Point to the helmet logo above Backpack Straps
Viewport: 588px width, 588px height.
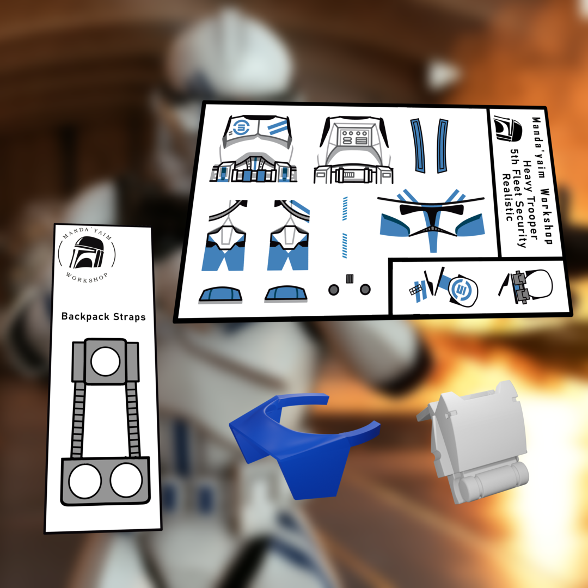coord(87,253)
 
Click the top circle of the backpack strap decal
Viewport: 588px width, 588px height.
coord(106,362)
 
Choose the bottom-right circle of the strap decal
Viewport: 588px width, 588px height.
coord(126,480)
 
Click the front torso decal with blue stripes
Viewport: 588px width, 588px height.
coord(254,149)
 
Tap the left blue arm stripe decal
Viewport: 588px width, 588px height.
coord(418,146)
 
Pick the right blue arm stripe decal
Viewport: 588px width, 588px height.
coord(442,146)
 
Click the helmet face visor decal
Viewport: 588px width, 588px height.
coord(431,219)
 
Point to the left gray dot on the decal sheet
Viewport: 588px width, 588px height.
coord(333,290)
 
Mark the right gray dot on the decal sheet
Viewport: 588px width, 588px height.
coord(365,290)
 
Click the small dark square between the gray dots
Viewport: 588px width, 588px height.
coord(350,279)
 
